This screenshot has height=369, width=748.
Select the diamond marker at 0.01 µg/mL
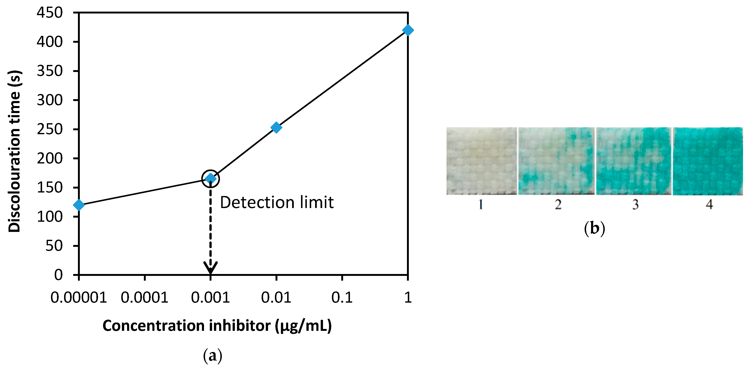pos(276,127)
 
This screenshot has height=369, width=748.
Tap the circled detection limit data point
pos(210,178)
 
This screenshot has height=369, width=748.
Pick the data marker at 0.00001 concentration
pos(79,205)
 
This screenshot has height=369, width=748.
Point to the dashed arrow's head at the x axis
pos(210,267)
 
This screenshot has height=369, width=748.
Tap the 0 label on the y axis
pos(58,275)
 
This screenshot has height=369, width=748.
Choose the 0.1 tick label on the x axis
pos(342,297)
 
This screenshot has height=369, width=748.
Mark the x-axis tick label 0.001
pos(210,297)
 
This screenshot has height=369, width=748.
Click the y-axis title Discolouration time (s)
pos(15,151)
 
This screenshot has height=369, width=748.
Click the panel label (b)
pos(594,228)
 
